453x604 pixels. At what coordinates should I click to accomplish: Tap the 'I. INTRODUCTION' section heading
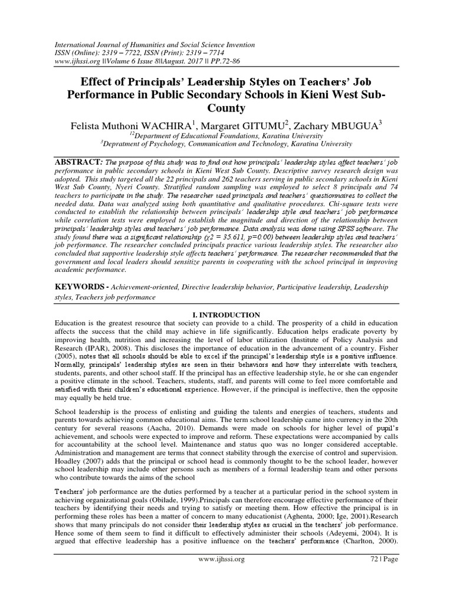click(x=226, y=315)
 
